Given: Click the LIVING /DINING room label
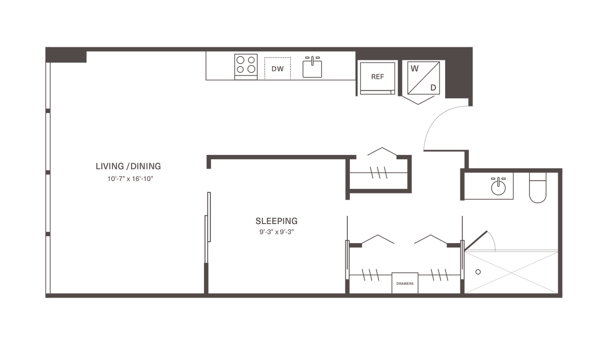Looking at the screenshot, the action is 129,166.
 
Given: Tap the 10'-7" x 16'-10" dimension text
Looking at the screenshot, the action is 130,179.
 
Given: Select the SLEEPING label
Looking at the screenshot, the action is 277,221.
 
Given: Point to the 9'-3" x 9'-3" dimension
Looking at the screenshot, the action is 277,232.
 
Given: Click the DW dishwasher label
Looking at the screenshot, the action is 278,69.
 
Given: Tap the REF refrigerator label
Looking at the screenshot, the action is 377,77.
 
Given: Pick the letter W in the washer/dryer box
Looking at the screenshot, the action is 415,69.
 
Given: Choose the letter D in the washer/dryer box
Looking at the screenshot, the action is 434,88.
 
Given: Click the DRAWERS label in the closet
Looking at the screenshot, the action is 405,284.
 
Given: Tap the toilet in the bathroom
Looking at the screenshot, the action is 538,188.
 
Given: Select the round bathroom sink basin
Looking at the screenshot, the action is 498,188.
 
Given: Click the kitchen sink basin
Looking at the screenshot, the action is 312,69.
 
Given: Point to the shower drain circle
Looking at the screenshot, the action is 478,272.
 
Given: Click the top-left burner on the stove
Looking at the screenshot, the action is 241,60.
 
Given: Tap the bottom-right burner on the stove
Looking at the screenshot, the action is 251,69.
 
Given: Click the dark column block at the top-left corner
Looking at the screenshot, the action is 66,55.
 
